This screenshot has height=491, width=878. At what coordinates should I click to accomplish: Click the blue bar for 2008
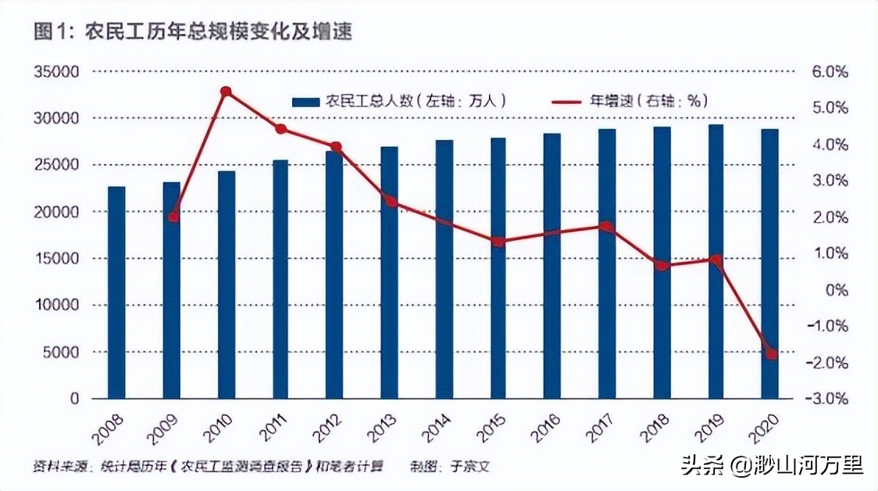click(x=116, y=292)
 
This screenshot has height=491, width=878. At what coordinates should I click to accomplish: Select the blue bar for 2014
click(x=444, y=269)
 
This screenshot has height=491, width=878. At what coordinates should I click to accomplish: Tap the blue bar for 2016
click(x=552, y=266)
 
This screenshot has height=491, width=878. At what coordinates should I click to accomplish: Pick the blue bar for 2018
click(x=662, y=263)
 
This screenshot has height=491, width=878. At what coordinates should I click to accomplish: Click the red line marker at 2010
click(x=226, y=91)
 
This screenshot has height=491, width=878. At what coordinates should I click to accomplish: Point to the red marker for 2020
click(x=772, y=354)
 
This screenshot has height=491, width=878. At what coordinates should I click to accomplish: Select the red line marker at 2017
click(x=607, y=227)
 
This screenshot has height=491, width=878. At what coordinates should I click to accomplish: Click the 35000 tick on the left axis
click(x=58, y=72)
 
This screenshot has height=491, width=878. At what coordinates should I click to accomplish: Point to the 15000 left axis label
click(x=58, y=259)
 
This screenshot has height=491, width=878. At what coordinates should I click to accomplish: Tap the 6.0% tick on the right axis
click(x=830, y=72)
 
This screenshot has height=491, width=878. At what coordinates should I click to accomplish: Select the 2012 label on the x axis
click(x=326, y=428)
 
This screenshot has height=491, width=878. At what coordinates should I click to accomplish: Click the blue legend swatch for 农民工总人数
click(x=305, y=102)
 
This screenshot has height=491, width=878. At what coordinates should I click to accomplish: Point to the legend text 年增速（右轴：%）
click(x=648, y=102)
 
